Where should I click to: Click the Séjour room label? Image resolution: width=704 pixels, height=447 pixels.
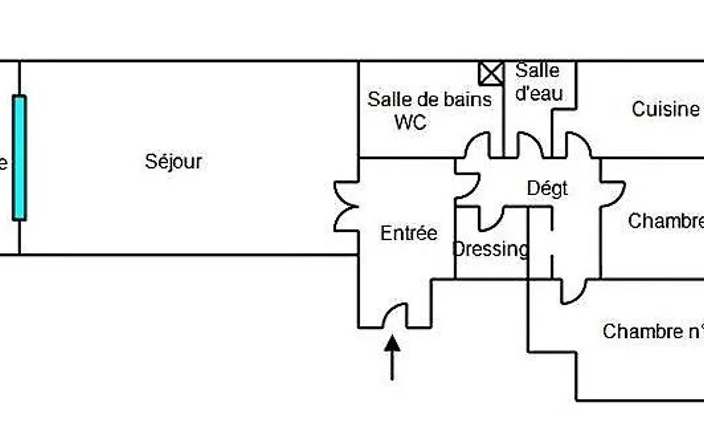click(173, 162)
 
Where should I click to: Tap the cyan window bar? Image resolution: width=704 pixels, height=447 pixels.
click(19, 157)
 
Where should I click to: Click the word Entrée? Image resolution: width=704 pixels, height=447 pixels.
click(409, 233)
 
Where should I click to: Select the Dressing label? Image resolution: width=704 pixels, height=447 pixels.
click(490, 249)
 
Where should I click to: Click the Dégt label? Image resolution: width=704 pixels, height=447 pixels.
click(547, 188)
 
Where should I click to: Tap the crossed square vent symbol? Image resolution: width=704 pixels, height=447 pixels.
click(491, 74)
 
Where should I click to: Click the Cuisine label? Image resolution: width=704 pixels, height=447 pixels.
click(665, 109)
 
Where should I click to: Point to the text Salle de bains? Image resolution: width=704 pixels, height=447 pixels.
click(429, 99)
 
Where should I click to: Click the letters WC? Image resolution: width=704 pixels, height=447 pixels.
click(410, 122)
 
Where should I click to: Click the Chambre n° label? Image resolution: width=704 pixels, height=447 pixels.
click(652, 331)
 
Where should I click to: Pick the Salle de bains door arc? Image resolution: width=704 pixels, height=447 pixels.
click(477, 145)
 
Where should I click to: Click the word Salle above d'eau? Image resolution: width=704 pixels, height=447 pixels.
click(537, 70)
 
